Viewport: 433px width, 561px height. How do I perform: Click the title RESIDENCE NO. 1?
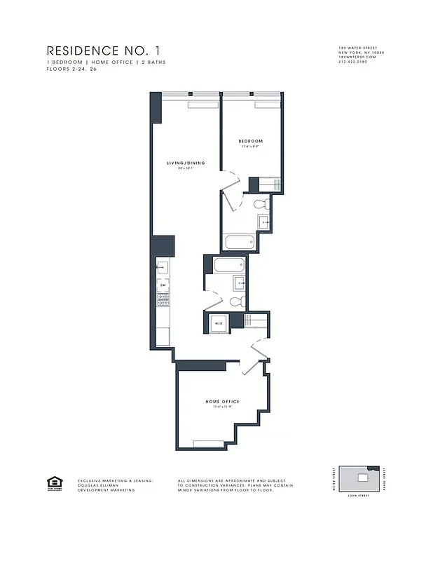pyautogui.click(x=107, y=50)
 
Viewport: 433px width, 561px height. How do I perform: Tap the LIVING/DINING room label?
pyautogui.click(x=185, y=163)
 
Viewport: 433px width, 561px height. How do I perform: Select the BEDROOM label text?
pyautogui.click(x=251, y=142)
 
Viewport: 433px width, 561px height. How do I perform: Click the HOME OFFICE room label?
pyautogui.click(x=222, y=401)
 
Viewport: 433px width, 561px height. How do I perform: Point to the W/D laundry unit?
pyautogui.click(x=219, y=323)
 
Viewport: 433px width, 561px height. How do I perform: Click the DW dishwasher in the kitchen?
pyautogui.click(x=163, y=285)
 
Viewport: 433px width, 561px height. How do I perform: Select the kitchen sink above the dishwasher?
pyautogui.click(x=163, y=267)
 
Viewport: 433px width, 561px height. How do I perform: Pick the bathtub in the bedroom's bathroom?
pyautogui.click(x=238, y=243)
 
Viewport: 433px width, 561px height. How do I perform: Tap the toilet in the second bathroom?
pyautogui.click(x=236, y=302)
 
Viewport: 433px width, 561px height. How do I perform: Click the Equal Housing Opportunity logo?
pyautogui.click(x=52, y=482)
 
